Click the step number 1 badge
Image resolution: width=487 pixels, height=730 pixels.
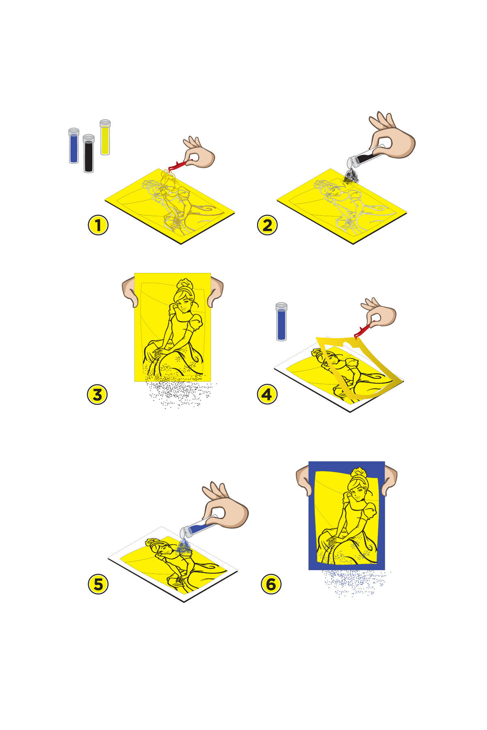pos(98,225)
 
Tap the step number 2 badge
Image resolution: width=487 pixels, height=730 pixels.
pos(267,225)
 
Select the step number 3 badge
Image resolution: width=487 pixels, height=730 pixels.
pos(97,395)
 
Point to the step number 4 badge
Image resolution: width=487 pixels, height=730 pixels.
pos(267,395)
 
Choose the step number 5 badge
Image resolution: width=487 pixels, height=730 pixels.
pos(98,584)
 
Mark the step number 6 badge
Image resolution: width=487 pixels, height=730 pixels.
pos(271,584)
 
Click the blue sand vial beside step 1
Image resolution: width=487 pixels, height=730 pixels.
pos(74,146)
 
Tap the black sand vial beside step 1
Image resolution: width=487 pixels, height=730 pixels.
pos(88,154)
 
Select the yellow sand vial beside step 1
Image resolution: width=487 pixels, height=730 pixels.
pos(105,137)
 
